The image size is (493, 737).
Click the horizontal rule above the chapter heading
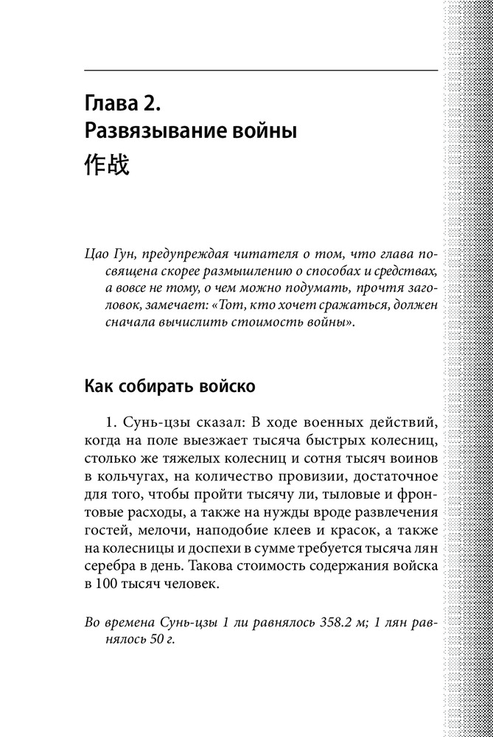262,70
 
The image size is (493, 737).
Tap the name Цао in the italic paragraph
98,255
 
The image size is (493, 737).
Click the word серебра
112,567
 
